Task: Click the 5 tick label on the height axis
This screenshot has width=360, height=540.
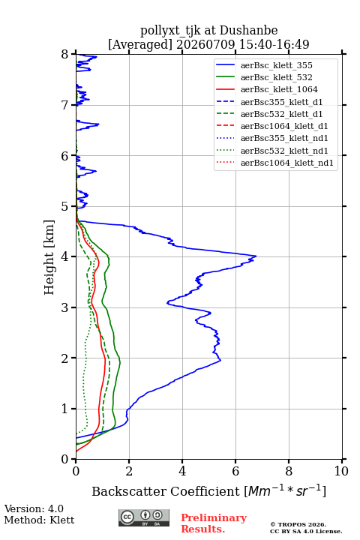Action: pos(65,206)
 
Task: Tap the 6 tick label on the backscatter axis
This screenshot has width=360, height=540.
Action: pos(235,471)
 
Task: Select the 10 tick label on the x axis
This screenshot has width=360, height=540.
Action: pos(341,471)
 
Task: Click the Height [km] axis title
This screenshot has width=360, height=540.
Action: pos(49,257)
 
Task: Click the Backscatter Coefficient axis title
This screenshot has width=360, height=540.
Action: pos(208,490)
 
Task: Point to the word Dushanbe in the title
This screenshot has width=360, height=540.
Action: pos(248,30)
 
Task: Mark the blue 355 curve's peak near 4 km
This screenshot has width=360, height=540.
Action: pos(256,256)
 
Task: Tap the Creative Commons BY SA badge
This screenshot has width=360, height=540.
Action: pos(144,517)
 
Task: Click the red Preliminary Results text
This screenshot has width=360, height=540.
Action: pos(214,523)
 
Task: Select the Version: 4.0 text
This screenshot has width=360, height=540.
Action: pos(34,508)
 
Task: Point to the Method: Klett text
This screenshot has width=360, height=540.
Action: pos(39,520)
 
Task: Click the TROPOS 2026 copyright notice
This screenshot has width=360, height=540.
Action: pos(298,524)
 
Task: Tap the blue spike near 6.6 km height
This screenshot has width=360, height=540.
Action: pos(98,124)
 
